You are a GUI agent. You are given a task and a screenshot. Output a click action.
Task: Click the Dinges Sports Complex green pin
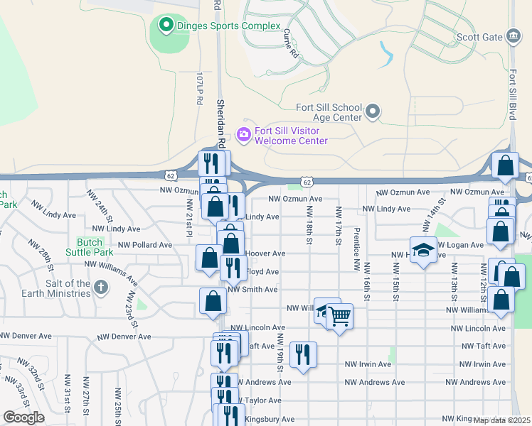(x=166, y=26)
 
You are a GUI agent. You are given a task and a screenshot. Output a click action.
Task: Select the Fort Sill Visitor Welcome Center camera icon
(x=244, y=133)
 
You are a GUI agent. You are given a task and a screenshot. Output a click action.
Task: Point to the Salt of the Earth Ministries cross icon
(x=101, y=288)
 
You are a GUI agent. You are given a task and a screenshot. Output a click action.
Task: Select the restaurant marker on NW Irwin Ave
(x=304, y=354)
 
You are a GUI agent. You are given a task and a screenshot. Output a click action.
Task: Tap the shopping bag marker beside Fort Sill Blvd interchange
(x=505, y=167)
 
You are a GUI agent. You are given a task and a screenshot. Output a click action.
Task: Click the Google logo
(x=23, y=417)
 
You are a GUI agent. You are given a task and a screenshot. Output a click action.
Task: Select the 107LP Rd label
(x=200, y=89)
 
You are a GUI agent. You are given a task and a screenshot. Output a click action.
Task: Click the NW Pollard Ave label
(x=145, y=244)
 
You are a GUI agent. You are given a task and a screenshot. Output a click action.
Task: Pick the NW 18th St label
(x=310, y=226)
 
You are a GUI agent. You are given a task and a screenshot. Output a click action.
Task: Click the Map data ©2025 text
(x=501, y=420)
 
